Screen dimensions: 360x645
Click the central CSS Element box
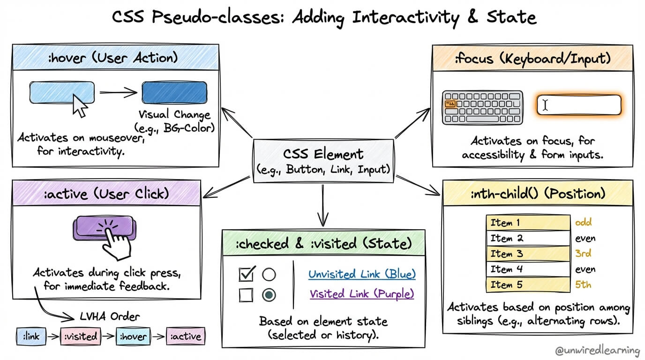coord(323,161)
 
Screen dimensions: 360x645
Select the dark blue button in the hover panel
coord(174,92)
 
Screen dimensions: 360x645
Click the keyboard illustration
coord(482,107)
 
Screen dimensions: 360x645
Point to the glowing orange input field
coord(579,105)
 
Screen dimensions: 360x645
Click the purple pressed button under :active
coord(104,227)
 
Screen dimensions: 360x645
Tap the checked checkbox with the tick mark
coord(246,274)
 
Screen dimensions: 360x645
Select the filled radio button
coord(269,295)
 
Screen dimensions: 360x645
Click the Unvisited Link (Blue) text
coord(361,274)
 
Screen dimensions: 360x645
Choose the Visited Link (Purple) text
coord(361,294)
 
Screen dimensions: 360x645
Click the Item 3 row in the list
coord(528,254)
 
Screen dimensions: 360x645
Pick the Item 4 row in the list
coord(528,269)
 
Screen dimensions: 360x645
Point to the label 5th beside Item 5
coord(583,285)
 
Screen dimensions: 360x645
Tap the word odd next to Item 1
coord(583,223)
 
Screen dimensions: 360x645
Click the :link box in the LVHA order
coord(31,336)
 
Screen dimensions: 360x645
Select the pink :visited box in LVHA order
coord(81,336)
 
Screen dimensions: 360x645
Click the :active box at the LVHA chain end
coord(186,336)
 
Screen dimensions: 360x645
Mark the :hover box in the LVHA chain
coord(133,336)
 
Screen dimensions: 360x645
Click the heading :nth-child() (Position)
coord(537,193)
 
